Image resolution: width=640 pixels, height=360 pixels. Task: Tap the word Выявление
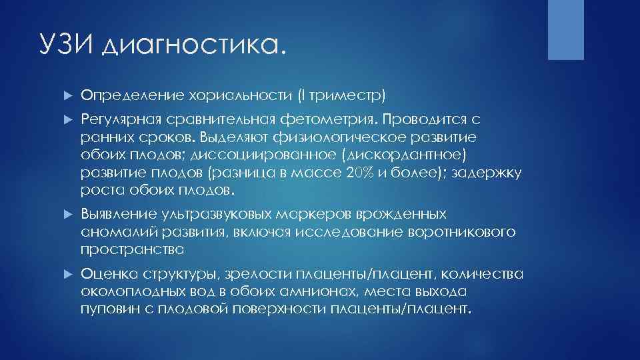click(x=117, y=214)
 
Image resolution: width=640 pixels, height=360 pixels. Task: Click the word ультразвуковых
click(x=213, y=214)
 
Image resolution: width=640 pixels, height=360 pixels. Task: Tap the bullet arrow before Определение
click(x=67, y=95)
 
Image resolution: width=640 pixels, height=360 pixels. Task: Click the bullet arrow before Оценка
click(x=67, y=274)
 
